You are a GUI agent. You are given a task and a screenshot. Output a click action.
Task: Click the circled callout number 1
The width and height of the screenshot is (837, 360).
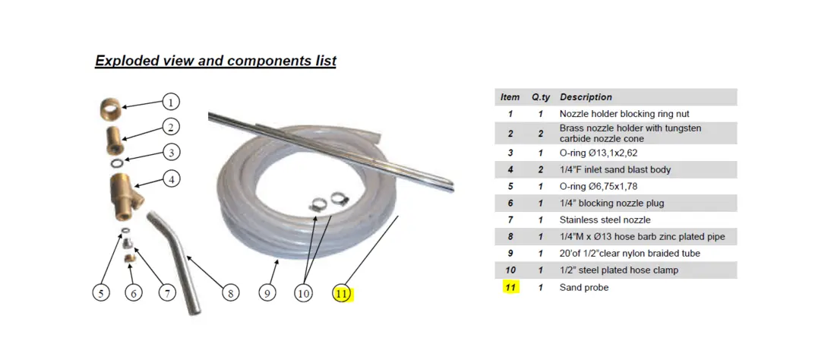pyautogui.click(x=171, y=102)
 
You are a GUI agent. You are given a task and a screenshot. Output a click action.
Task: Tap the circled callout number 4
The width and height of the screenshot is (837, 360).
pyautogui.click(x=172, y=179)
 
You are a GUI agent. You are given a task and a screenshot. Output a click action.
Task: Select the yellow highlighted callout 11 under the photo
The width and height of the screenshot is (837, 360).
pyautogui.click(x=343, y=293)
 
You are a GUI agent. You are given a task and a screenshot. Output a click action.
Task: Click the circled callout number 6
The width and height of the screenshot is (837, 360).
pyautogui.click(x=134, y=293)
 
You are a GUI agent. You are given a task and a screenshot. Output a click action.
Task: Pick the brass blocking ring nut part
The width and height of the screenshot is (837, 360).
pyautogui.click(x=110, y=110)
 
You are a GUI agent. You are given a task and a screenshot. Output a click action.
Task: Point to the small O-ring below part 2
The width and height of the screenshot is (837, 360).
pyautogui.click(x=119, y=161)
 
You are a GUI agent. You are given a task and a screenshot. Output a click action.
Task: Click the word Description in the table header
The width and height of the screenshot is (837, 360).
pyautogui.click(x=586, y=97)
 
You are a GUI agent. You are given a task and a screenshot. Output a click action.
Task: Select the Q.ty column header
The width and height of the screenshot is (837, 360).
pyautogui.click(x=540, y=97)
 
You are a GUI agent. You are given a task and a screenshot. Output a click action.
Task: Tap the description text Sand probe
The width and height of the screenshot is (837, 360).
pyautogui.click(x=584, y=287)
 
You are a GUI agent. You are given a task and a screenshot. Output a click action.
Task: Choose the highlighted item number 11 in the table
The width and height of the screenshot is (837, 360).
pyautogui.click(x=510, y=287)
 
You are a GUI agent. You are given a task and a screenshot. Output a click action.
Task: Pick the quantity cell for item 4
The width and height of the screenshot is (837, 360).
pyautogui.click(x=540, y=170)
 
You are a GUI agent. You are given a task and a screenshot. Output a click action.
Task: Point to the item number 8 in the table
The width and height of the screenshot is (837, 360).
pyautogui.click(x=510, y=236)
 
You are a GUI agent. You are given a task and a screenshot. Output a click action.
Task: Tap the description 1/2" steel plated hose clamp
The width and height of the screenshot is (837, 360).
pyautogui.click(x=619, y=270)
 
